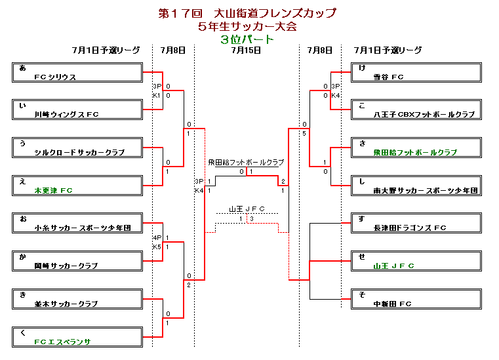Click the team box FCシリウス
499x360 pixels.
pyautogui.click(x=77, y=72)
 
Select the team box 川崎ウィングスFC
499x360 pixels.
pyautogui.click(x=77, y=110)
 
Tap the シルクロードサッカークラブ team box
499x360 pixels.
pyautogui.click(x=77, y=148)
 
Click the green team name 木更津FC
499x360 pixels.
pyautogui.click(x=54, y=191)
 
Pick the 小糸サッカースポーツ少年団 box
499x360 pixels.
pyautogui.click(x=77, y=223)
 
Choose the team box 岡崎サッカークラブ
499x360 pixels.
pyautogui.click(x=77, y=261)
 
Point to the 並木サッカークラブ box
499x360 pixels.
pyautogui.click(x=77, y=299)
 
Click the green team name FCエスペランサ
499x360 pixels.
pyautogui.click(x=63, y=342)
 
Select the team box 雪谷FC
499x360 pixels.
pyautogui.click(x=416, y=72)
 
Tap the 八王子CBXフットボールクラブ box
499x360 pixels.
pyautogui.click(x=416, y=110)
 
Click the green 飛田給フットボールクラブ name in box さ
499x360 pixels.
pyautogui.click(x=415, y=153)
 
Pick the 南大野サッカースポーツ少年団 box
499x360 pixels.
pyautogui.click(x=416, y=186)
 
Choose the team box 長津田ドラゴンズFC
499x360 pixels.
pyautogui.click(x=416, y=223)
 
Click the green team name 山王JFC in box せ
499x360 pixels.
pyautogui.click(x=393, y=266)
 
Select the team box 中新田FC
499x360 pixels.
pyautogui.click(x=416, y=299)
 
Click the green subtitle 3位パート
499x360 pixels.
pyautogui.click(x=247, y=39)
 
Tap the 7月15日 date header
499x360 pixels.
pyautogui.click(x=247, y=50)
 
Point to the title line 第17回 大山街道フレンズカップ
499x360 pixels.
pyautogui.click(x=247, y=13)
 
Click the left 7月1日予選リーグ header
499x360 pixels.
pyautogui.click(x=106, y=50)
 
